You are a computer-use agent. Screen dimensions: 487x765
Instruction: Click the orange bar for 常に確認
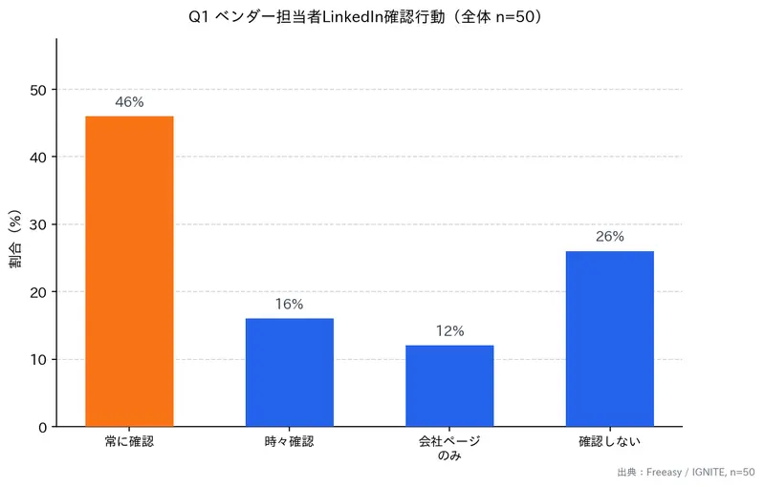(x=129, y=271)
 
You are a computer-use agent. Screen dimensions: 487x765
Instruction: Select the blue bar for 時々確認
(x=289, y=372)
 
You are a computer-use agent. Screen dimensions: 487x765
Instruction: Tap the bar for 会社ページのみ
(x=449, y=386)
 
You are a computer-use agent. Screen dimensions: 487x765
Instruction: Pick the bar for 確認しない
(x=609, y=339)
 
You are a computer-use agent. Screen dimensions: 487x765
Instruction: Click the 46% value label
(x=129, y=102)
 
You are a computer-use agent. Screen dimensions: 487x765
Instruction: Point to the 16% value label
(x=289, y=305)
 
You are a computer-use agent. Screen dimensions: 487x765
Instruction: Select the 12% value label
(x=449, y=331)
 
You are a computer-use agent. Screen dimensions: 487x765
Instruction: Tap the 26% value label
(x=609, y=237)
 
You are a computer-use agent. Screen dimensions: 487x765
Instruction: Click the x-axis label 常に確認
(x=129, y=442)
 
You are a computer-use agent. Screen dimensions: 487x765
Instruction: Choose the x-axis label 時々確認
(x=289, y=442)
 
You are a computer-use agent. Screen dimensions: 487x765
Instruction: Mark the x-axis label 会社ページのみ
(x=449, y=449)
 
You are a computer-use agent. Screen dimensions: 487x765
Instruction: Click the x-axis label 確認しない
(x=609, y=442)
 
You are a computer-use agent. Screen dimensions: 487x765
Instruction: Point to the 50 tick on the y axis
(x=38, y=90)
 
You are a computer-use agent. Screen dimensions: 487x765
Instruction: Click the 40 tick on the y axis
(x=38, y=157)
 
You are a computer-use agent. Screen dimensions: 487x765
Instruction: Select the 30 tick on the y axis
(x=38, y=224)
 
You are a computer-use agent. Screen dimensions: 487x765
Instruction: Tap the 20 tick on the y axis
(x=38, y=292)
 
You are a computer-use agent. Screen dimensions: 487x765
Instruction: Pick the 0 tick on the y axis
(x=42, y=427)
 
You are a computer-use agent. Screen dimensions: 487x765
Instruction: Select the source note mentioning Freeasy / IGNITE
(x=687, y=473)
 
